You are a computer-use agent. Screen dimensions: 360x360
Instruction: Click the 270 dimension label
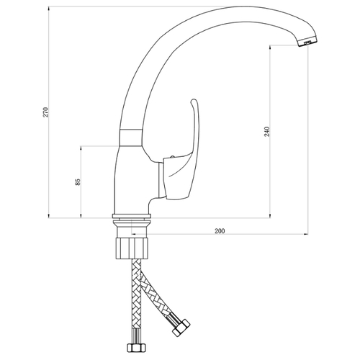(45, 112)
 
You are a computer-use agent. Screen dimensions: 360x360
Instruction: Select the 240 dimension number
(267, 131)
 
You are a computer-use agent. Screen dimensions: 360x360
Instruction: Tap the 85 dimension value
(78, 181)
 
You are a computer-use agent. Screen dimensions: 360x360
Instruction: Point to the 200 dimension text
(220, 231)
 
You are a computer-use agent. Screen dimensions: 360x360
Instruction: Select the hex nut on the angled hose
(181, 327)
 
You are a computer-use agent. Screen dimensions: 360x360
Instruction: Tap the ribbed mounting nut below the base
(132, 248)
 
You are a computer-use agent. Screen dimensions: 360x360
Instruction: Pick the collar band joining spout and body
(131, 138)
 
